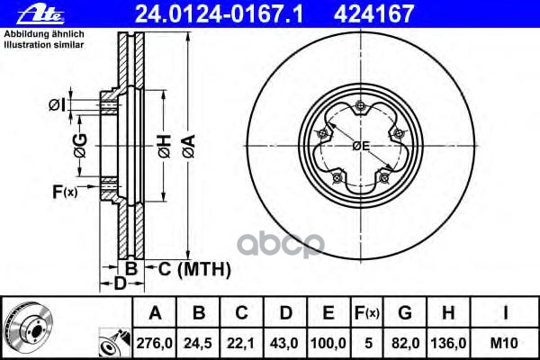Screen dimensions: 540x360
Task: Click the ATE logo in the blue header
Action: tap(40, 14)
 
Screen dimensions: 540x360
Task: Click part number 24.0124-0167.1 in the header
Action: tap(219, 14)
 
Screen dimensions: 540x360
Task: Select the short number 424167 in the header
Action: tap(373, 14)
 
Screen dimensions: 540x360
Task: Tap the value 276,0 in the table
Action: tap(154, 343)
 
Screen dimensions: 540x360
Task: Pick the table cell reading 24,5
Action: tap(198, 343)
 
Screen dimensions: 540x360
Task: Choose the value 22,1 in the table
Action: tap(241, 343)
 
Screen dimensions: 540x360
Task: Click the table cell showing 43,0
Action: tap(284, 343)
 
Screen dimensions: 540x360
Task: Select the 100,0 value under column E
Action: tap(328, 343)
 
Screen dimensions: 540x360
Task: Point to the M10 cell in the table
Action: tap(504, 343)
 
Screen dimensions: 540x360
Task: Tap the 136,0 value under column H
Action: tap(448, 343)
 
